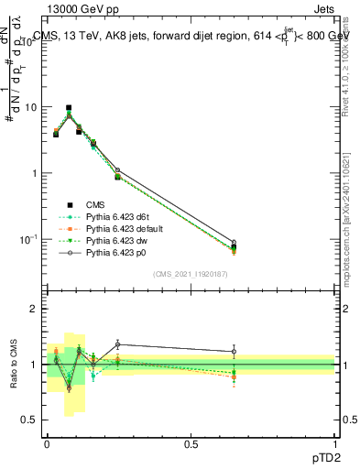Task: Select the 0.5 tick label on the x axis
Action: click(x=191, y=443)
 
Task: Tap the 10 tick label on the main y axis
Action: click(x=30, y=107)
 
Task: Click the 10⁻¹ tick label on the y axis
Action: click(x=27, y=239)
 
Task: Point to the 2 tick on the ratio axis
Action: click(x=34, y=309)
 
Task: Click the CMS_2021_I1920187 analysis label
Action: click(x=191, y=273)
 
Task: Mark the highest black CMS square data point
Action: click(x=68, y=107)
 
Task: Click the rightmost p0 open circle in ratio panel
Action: click(x=234, y=351)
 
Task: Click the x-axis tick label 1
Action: click(x=334, y=443)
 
